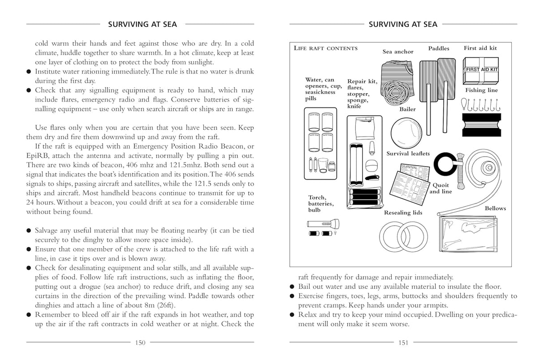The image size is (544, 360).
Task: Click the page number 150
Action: (140, 343)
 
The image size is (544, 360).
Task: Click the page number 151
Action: (403, 343)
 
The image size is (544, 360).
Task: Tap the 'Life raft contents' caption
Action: (325, 48)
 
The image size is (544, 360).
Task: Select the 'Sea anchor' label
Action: (397, 51)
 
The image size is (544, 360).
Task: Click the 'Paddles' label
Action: (438, 48)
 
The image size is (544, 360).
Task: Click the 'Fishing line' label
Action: (481, 90)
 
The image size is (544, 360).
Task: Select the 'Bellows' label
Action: (495, 208)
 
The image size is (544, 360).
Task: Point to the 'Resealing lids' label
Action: (403, 213)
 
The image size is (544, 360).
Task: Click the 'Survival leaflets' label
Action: (408, 154)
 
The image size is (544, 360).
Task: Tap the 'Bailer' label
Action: (407, 109)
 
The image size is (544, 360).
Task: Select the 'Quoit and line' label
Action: (440, 189)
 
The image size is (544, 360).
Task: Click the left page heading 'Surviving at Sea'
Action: (140, 24)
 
